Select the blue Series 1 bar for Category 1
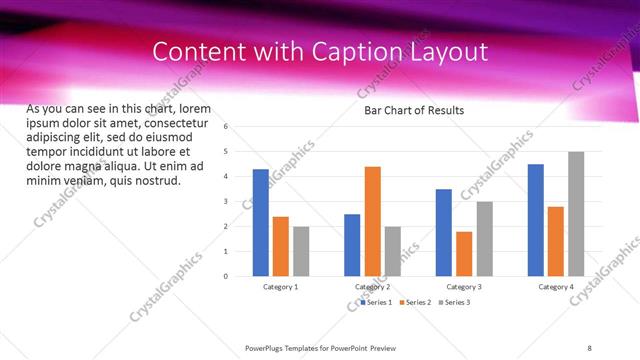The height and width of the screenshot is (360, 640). click(x=260, y=222)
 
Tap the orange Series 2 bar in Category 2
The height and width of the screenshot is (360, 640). click(x=372, y=221)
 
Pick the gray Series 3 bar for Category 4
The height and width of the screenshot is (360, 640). click(x=576, y=214)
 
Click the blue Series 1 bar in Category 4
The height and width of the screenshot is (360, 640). click(x=536, y=220)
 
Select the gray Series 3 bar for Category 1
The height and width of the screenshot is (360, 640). click(x=301, y=251)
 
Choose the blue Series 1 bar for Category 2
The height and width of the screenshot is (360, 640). click(x=352, y=245)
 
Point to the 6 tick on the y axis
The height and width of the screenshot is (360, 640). click(x=227, y=127)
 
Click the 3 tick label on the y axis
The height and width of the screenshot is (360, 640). click(x=227, y=201)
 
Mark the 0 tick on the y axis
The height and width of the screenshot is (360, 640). click(x=227, y=276)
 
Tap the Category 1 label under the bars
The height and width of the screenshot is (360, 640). click(x=280, y=287)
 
